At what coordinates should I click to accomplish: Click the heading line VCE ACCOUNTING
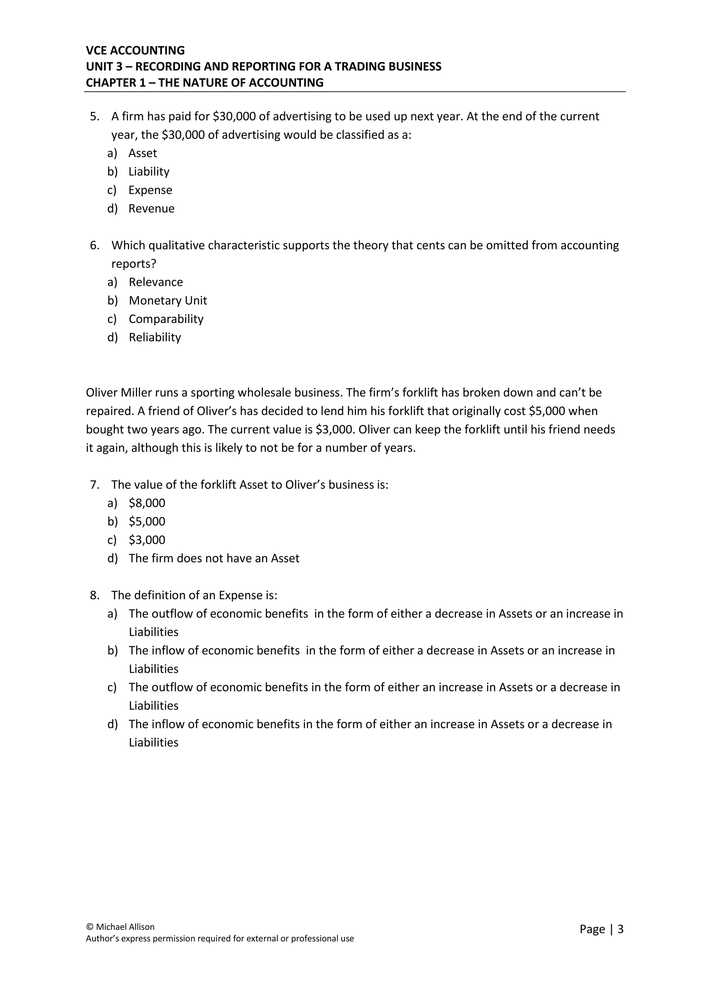pyautogui.click(x=135, y=50)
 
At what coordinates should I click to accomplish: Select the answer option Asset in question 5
pyautogui.click(x=142, y=153)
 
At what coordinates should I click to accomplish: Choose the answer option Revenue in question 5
pyautogui.click(x=151, y=209)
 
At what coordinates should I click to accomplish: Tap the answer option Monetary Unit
pyautogui.click(x=167, y=301)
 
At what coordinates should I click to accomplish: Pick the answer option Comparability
pyautogui.click(x=166, y=319)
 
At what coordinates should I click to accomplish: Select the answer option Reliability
pyautogui.click(x=155, y=337)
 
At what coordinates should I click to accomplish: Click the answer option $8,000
pyautogui.click(x=147, y=503)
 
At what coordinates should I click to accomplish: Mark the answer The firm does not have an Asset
pyautogui.click(x=214, y=559)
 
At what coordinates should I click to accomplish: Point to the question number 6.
pyautogui.click(x=94, y=245)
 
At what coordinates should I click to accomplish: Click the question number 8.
pyautogui.click(x=94, y=595)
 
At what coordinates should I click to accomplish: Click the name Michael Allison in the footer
pyautogui.click(x=125, y=927)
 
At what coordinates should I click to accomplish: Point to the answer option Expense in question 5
pyautogui.click(x=150, y=190)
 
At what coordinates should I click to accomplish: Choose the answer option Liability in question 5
pyautogui.click(x=149, y=171)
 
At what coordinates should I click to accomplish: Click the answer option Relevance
pyautogui.click(x=156, y=282)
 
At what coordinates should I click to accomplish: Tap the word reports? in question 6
pyautogui.click(x=134, y=264)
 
